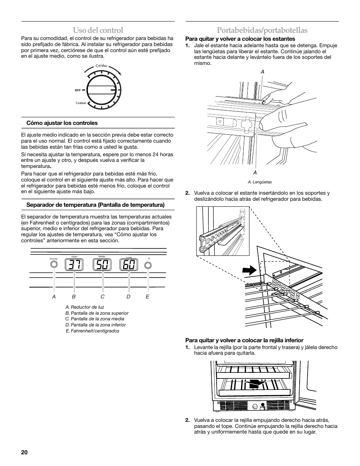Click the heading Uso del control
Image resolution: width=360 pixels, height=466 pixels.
pyautogui.click(x=98, y=30)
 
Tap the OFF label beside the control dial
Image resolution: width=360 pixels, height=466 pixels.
pyautogui.click(x=78, y=90)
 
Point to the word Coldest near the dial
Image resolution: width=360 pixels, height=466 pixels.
pyautogui.click(x=81, y=103)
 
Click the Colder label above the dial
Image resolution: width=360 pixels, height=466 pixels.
pyautogui.click(x=102, y=66)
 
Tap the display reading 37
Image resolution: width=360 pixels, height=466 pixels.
pyautogui.click(x=74, y=265)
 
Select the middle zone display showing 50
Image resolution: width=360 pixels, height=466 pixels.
pyautogui.click(x=102, y=265)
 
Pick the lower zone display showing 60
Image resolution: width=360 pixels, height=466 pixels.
pyautogui.click(x=129, y=265)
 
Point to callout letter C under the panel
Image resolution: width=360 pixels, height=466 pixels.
pyautogui.click(x=102, y=297)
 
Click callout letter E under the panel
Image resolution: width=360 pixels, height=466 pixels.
pyautogui.click(x=148, y=297)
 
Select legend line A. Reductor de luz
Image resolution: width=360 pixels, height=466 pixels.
pyautogui.click(x=85, y=307)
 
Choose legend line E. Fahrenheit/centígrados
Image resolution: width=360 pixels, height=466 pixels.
pyautogui.click(x=92, y=331)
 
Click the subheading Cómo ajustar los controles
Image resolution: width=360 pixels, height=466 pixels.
pyautogui.click(x=62, y=123)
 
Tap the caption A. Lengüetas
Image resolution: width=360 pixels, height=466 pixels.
pyautogui.click(x=260, y=182)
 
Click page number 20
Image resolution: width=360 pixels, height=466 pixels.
pyautogui.click(x=25, y=452)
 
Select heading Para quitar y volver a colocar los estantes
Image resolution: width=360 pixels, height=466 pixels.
pyautogui.click(x=240, y=39)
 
